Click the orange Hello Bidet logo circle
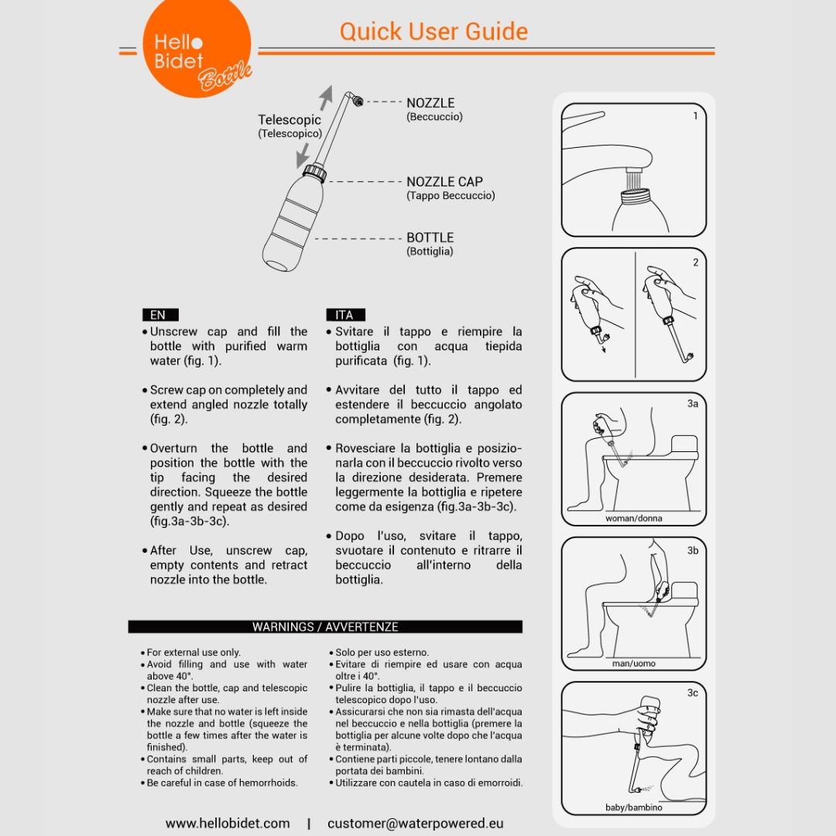click(x=197, y=46)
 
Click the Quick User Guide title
click(x=433, y=32)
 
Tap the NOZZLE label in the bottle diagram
click(x=430, y=103)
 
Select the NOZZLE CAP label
click(x=444, y=182)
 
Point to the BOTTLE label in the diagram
click(x=430, y=238)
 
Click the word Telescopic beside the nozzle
click(x=290, y=120)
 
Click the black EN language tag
click(x=160, y=314)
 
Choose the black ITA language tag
click(x=345, y=314)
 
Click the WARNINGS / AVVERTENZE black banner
click(x=325, y=626)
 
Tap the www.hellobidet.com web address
click(x=228, y=823)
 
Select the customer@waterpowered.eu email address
click(x=416, y=823)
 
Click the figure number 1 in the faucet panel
click(x=695, y=115)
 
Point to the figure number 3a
click(x=693, y=403)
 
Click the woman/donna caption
click(x=633, y=518)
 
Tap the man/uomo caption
click(x=633, y=663)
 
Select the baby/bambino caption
click(x=633, y=807)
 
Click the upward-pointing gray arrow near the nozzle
click(x=326, y=98)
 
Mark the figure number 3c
click(x=693, y=693)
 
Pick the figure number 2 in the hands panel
click(x=695, y=262)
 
